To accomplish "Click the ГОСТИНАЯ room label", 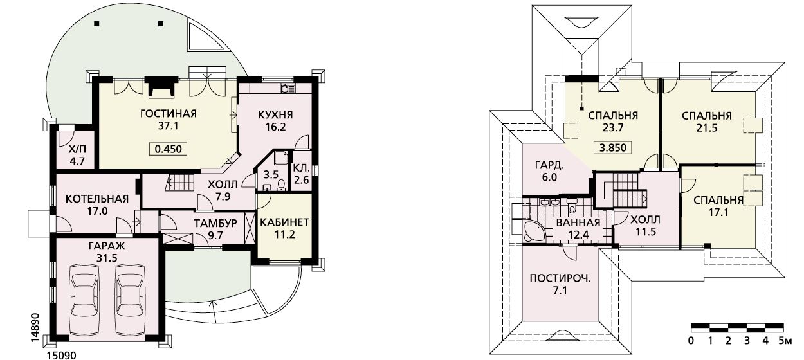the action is point(169,114).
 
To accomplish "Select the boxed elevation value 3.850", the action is point(613,147).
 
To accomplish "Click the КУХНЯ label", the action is point(275,114).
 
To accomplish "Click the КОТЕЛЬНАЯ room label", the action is point(97,199).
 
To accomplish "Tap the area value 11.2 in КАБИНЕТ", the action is point(284,235).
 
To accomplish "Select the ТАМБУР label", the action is point(215,223).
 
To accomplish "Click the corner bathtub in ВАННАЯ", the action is point(533,231).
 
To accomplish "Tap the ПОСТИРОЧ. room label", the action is point(560,278).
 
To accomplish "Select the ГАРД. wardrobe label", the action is point(549,165).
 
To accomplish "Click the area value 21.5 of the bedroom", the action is point(707,128).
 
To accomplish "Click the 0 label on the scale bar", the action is point(691,341).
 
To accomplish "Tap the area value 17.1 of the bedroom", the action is point(718,212).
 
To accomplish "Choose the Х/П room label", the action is point(77,150).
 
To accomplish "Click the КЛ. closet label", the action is point(301,168).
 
